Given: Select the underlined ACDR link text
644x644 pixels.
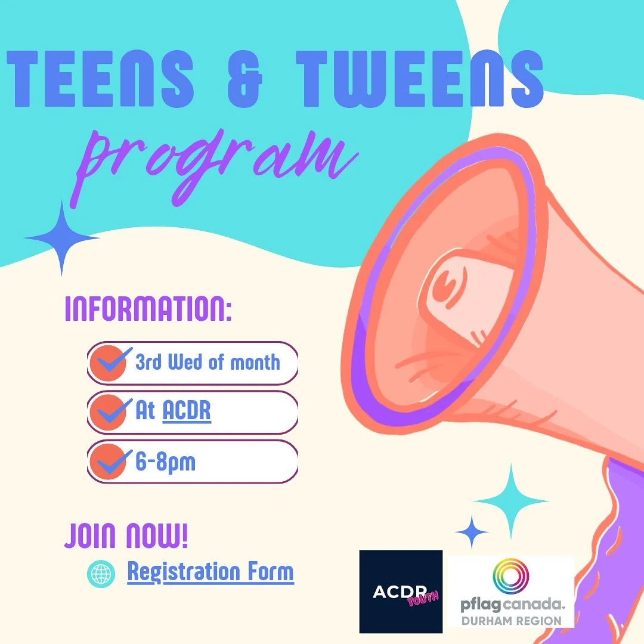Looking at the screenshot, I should point(187,411).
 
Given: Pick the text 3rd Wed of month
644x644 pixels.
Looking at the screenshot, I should point(208,362).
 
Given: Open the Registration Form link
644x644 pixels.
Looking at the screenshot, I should point(210,572).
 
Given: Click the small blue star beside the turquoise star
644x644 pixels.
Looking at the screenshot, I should point(472,531).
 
